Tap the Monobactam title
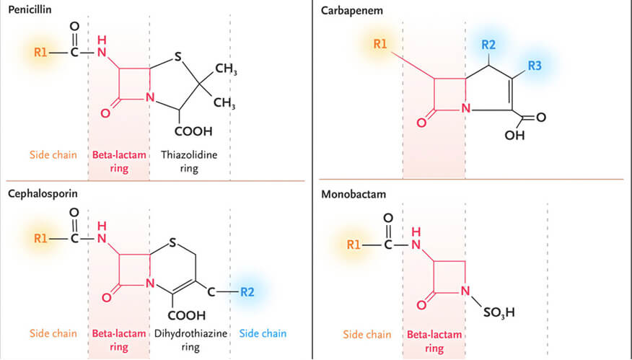(x=351, y=195)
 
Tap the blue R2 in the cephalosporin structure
(x=246, y=292)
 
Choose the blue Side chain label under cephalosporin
(x=262, y=333)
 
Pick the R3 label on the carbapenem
(x=534, y=65)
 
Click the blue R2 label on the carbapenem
(x=488, y=44)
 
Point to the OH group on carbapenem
(x=515, y=135)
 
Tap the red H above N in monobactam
(x=415, y=232)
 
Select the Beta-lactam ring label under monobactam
(x=434, y=341)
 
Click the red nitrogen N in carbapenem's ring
(x=466, y=110)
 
